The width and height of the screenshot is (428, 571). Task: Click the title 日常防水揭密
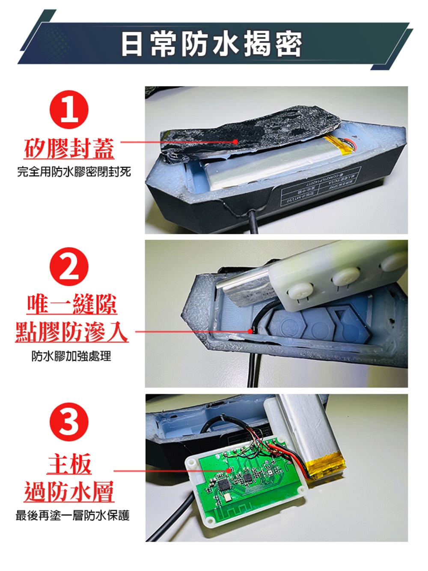211,44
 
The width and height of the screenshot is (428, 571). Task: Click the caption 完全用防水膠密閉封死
74,172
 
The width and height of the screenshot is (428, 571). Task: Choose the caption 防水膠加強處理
71,356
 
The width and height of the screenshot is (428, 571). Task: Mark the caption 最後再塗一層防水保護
72,515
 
